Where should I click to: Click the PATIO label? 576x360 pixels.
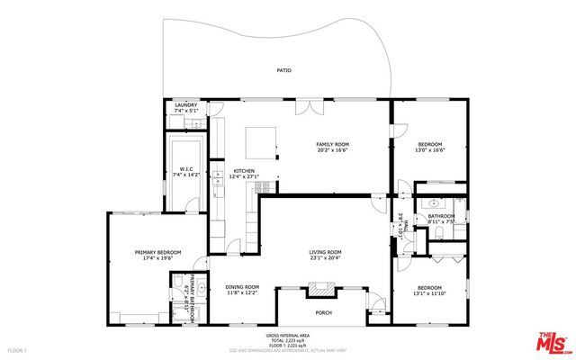(283, 70)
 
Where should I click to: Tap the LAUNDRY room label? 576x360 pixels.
(185, 105)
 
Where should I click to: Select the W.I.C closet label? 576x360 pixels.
(187, 168)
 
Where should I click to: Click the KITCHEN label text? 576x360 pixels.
(244, 171)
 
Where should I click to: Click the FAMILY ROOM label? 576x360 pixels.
(332, 144)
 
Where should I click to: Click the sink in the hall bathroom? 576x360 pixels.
(433, 203)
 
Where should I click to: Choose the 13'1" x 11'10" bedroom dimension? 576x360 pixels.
(429, 292)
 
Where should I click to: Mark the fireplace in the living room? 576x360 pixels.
(320, 289)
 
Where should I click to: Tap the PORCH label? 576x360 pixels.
(323, 312)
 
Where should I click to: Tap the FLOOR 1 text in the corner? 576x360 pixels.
(16, 348)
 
